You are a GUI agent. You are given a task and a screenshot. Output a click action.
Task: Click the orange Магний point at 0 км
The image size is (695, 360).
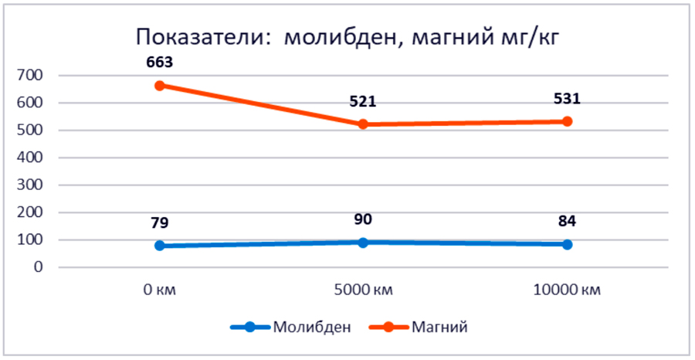click(x=160, y=86)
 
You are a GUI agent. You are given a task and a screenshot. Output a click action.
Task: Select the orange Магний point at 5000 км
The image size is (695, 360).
click(x=364, y=124)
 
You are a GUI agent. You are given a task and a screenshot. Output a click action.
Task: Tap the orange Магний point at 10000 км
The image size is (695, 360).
click(x=567, y=121)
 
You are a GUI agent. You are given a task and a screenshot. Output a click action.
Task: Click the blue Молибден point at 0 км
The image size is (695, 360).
click(x=160, y=246)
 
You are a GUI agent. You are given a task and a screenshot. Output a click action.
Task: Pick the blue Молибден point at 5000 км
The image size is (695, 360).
click(x=364, y=243)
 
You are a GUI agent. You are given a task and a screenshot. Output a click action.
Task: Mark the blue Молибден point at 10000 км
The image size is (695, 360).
click(x=567, y=244)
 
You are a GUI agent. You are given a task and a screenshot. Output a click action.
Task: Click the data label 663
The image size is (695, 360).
click(x=160, y=62)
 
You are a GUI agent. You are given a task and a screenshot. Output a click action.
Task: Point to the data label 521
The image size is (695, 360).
click(x=363, y=101)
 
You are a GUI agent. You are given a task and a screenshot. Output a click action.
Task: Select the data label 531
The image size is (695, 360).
click(x=567, y=98)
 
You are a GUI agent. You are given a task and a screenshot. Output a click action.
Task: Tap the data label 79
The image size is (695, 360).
click(x=160, y=223)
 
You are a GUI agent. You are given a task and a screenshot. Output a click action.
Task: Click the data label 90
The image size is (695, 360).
click(x=363, y=219)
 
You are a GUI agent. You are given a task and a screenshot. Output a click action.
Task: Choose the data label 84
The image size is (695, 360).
click(x=567, y=222)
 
